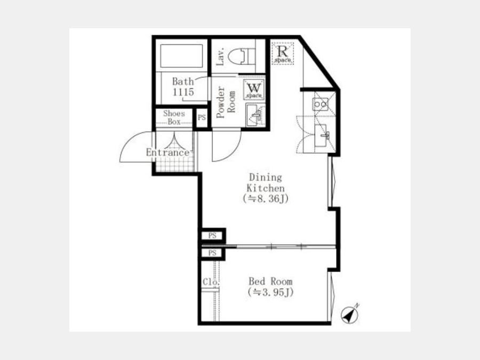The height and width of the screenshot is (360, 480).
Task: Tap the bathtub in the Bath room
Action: tap(181, 55)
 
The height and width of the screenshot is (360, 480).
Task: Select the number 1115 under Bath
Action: tap(183, 92)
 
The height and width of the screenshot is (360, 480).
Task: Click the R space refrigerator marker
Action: tap(282, 53)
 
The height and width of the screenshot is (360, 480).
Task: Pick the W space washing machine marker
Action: tap(254, 90)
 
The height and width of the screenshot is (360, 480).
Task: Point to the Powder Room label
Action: tap(226, 102)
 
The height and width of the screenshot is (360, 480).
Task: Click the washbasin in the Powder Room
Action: tap(255, 115)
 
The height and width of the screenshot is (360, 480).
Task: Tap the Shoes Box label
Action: tap(174, 117)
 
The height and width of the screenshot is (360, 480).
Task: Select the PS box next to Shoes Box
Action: tap(202, 117)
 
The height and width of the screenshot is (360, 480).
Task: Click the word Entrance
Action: tap(167, 152)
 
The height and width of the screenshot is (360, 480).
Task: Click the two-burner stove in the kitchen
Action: tap(320, 104)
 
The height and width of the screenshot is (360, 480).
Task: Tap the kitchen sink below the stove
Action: tap(322, 136)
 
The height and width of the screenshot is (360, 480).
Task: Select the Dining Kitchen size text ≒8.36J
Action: tap(266, 199)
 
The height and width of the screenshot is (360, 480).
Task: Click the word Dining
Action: tap(266, 177)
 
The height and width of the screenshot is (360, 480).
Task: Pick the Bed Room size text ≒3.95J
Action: tap(270, 292)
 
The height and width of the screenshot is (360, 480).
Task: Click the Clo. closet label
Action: tap(211, 282)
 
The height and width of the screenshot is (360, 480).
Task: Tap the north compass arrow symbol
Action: tap(350, 314)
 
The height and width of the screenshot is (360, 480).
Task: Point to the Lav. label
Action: tap(220, 57)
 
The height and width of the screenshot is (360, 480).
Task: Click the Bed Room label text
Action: tap(270, 281)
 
